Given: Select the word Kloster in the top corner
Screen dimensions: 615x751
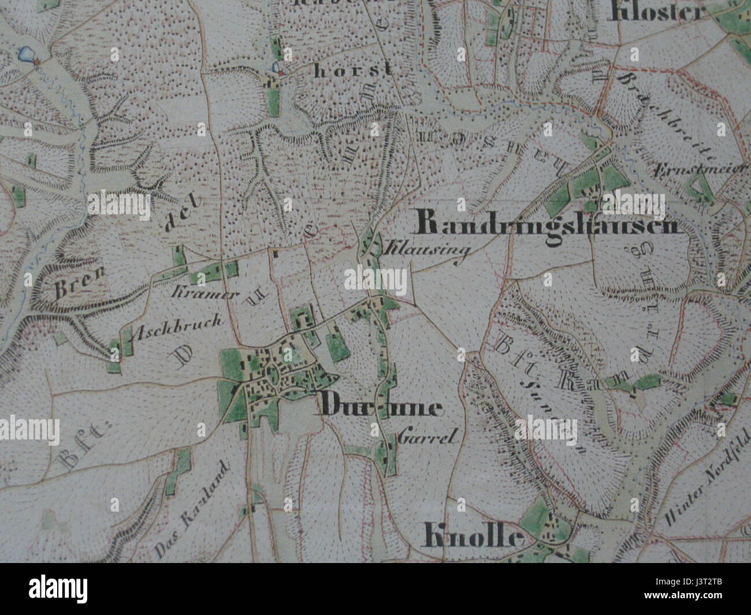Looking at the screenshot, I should (657, 12).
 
